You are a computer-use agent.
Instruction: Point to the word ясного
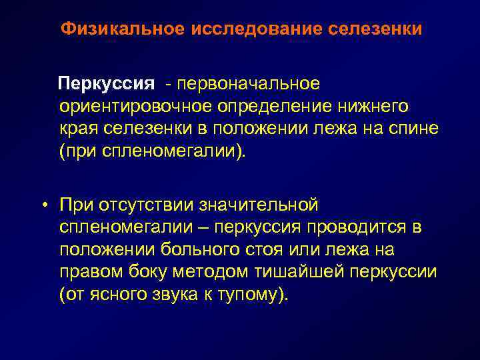(x=119, y=295)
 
